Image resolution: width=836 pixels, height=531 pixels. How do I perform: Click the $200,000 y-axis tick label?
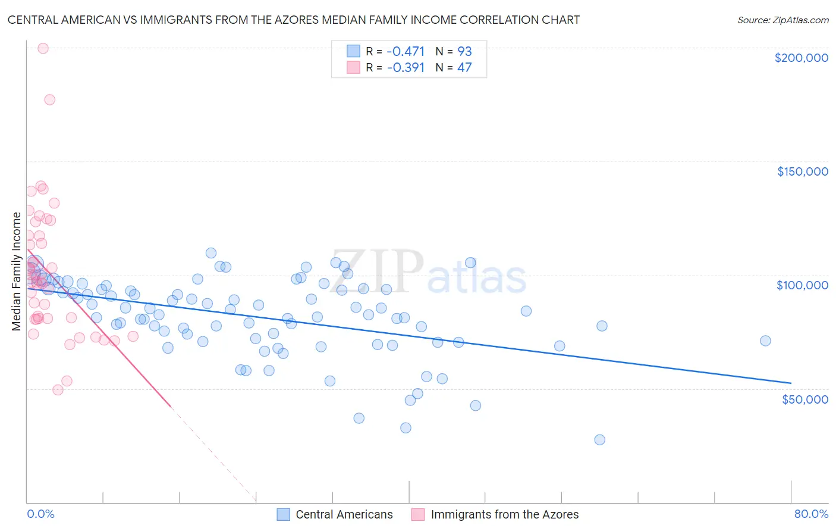(x=801, y=58)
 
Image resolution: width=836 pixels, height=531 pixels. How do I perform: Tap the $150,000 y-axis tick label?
(x=802, y=171)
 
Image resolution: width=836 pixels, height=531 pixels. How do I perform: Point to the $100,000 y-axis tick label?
(x=802, y=285)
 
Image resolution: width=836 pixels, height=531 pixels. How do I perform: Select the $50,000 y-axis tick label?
(x=804, y=399)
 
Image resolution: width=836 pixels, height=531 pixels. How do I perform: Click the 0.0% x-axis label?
(x=40, y=514)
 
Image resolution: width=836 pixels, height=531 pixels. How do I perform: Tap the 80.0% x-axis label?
(x=811, y=514)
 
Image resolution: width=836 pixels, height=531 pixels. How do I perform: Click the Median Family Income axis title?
(x=17, y=271)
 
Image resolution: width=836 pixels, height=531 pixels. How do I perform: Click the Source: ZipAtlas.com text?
(x=782, y=20)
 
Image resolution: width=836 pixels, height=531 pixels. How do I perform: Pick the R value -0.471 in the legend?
(x=406, y=51)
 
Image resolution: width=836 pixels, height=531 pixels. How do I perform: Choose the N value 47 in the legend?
(x=464, y=67)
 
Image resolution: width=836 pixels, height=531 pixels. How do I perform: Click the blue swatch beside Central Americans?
(x=284, y=514)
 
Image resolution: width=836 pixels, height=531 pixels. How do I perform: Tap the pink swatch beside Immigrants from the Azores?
(x=419, y=514)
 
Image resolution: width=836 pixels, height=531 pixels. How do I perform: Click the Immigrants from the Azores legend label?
(x=504, y=514)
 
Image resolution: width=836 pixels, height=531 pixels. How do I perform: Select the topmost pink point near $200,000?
(x=43, y=48)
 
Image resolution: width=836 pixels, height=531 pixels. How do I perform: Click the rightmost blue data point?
(x=765, y=341)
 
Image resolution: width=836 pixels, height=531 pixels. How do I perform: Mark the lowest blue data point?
(x=599, y=439)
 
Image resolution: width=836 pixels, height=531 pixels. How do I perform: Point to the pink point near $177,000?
(x=50, y=99)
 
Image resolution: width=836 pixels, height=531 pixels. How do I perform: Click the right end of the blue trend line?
(x=791, y=383)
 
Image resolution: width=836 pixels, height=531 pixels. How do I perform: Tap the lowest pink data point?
(x=58, y=390)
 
